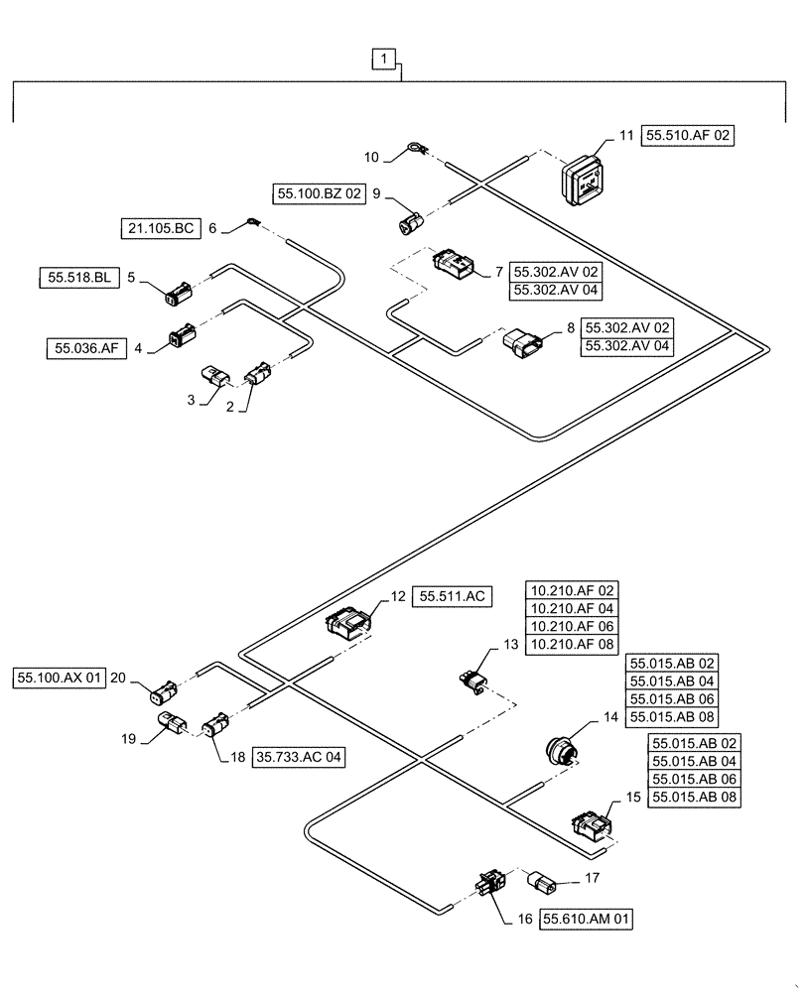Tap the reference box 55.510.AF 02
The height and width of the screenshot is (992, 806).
pyautogui.click(x=690, y=136)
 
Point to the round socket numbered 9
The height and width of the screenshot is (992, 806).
pyautogui.click(x=407, y=224)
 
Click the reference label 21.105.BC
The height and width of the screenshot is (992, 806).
pyautogui.click(x=160, y=228)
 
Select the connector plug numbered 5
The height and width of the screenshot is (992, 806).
pyautogui.click(x=180, y=293)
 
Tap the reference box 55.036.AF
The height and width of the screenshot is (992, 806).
pyautogui.click(x=86, y=348)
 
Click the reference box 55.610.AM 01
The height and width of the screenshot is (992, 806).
pyautogui.click(x=587, y=920)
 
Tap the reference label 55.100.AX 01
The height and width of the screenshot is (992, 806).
pyautogui.click(x=59, y=679)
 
